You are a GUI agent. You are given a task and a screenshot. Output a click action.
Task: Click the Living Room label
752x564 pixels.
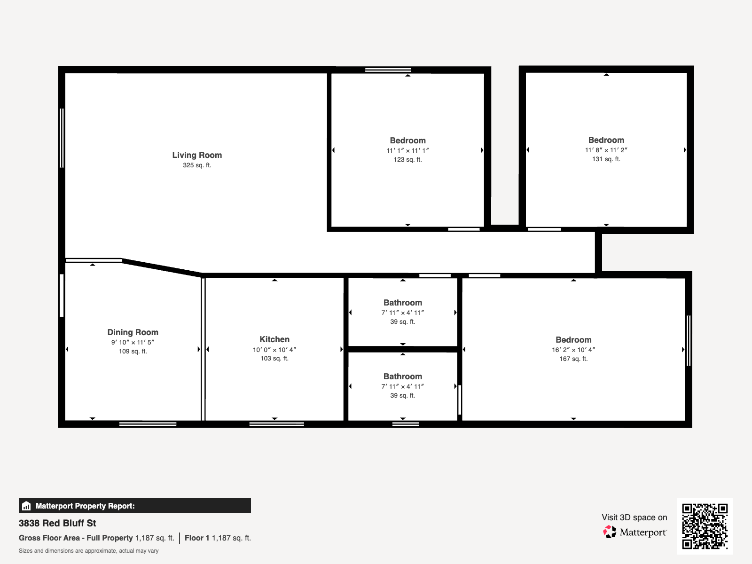click(x=197, y=155)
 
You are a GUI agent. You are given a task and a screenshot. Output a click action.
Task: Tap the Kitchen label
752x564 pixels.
click(x=274, y=339)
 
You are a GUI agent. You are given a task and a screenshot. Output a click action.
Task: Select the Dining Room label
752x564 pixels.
click(x=133, y=332)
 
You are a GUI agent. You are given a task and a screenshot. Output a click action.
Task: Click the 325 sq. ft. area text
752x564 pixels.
click(x=197, y=165)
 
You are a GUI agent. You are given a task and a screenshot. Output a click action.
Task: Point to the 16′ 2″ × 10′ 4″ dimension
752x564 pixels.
click(x=573, y=350)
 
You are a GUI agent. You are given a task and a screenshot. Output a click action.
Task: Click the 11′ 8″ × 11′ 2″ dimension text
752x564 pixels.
click(x=606, y=150)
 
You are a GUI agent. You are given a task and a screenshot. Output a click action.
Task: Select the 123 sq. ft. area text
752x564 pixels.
click(x=407, y=160)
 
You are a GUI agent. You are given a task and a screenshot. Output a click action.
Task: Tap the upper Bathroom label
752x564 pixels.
click(x=403, y=303)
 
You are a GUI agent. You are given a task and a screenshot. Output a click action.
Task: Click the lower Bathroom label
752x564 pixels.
click(x=403, y=376)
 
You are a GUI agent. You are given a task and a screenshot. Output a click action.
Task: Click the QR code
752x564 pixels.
click(x=705, y=526)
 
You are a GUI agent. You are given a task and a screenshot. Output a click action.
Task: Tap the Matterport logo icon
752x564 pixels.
click(x=610, y=532)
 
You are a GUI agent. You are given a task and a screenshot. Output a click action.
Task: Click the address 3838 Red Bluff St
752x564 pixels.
click(x=57, y=523)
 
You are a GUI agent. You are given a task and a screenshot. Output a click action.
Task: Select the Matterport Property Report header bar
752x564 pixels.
click(x=134, y=506)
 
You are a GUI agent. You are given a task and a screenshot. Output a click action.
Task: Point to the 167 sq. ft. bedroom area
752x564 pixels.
click(x=573, y=359)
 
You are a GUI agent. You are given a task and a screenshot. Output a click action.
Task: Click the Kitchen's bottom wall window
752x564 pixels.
click(x=276, y=424)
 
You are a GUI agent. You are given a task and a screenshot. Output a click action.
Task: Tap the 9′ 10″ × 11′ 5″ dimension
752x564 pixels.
click(x=133, y=343)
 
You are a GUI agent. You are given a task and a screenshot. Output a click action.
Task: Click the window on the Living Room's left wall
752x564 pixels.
click(x=62, y=138)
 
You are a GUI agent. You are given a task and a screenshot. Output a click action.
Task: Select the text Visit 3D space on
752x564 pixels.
click(x=634, y=517)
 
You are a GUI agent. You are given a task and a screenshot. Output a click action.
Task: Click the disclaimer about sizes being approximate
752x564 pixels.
click(x=88, y=551)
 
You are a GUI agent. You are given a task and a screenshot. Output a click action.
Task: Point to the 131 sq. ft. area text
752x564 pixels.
click(x=606, y=159)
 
